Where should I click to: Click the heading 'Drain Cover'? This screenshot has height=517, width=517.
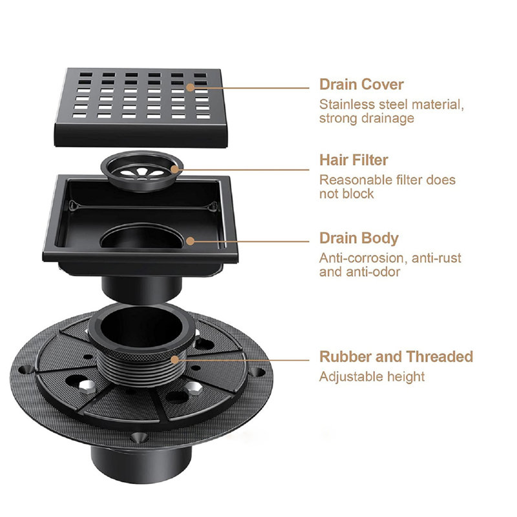coord(361,85)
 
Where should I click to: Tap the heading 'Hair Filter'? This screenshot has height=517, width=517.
coord(353,160)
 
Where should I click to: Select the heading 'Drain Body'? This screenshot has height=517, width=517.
coord(359,238)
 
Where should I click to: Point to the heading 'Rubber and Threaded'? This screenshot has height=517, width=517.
coord(396,357)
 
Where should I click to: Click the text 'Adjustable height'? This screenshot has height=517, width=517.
coord(372,377)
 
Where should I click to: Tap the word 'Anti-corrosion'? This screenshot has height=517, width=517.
coord(360,258)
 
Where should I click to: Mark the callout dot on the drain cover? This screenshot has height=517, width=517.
coord(190,87)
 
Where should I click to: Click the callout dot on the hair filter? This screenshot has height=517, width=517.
coord(174,170)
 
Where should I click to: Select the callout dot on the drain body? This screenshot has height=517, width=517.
coord(190,241)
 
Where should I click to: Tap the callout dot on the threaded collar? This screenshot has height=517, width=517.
coord(174,360)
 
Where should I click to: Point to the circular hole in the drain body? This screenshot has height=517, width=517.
coord(142,237)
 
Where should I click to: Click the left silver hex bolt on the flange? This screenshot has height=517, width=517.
coord(87,386)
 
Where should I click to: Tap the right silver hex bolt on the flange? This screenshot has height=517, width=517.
coord(193,388)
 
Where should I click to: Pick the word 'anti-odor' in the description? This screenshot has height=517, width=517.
coord(373,272)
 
